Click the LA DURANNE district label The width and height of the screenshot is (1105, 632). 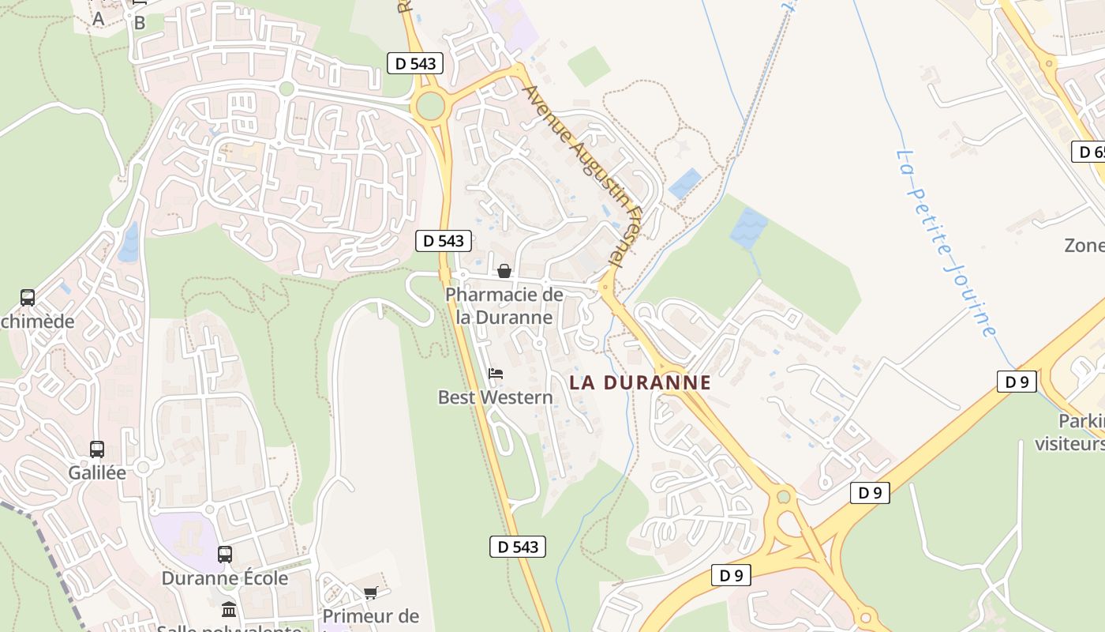[640, 383]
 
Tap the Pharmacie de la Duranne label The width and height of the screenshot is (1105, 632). [504, 306]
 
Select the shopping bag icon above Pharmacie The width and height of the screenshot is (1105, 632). [504, 272]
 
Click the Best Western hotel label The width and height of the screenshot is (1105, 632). [496, 397]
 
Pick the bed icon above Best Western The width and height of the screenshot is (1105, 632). [496, 373]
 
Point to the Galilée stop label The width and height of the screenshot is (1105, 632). [97, 473]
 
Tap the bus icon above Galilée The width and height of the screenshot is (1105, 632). [97, 450]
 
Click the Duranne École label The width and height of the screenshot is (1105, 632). [225, 578]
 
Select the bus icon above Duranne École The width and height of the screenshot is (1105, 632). [225, 555]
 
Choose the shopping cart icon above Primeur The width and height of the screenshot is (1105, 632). [371, 592]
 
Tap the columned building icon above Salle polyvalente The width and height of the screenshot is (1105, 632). [229, 609]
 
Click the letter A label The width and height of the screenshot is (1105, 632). [99, 19]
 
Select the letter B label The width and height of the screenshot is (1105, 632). [140, 23]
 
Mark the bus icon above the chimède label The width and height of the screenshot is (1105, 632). [28, 298]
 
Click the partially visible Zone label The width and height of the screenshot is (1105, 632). [1084, 246]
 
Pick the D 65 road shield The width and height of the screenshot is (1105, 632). [1088, 152]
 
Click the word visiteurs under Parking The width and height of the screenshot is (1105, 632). [1070, 444]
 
